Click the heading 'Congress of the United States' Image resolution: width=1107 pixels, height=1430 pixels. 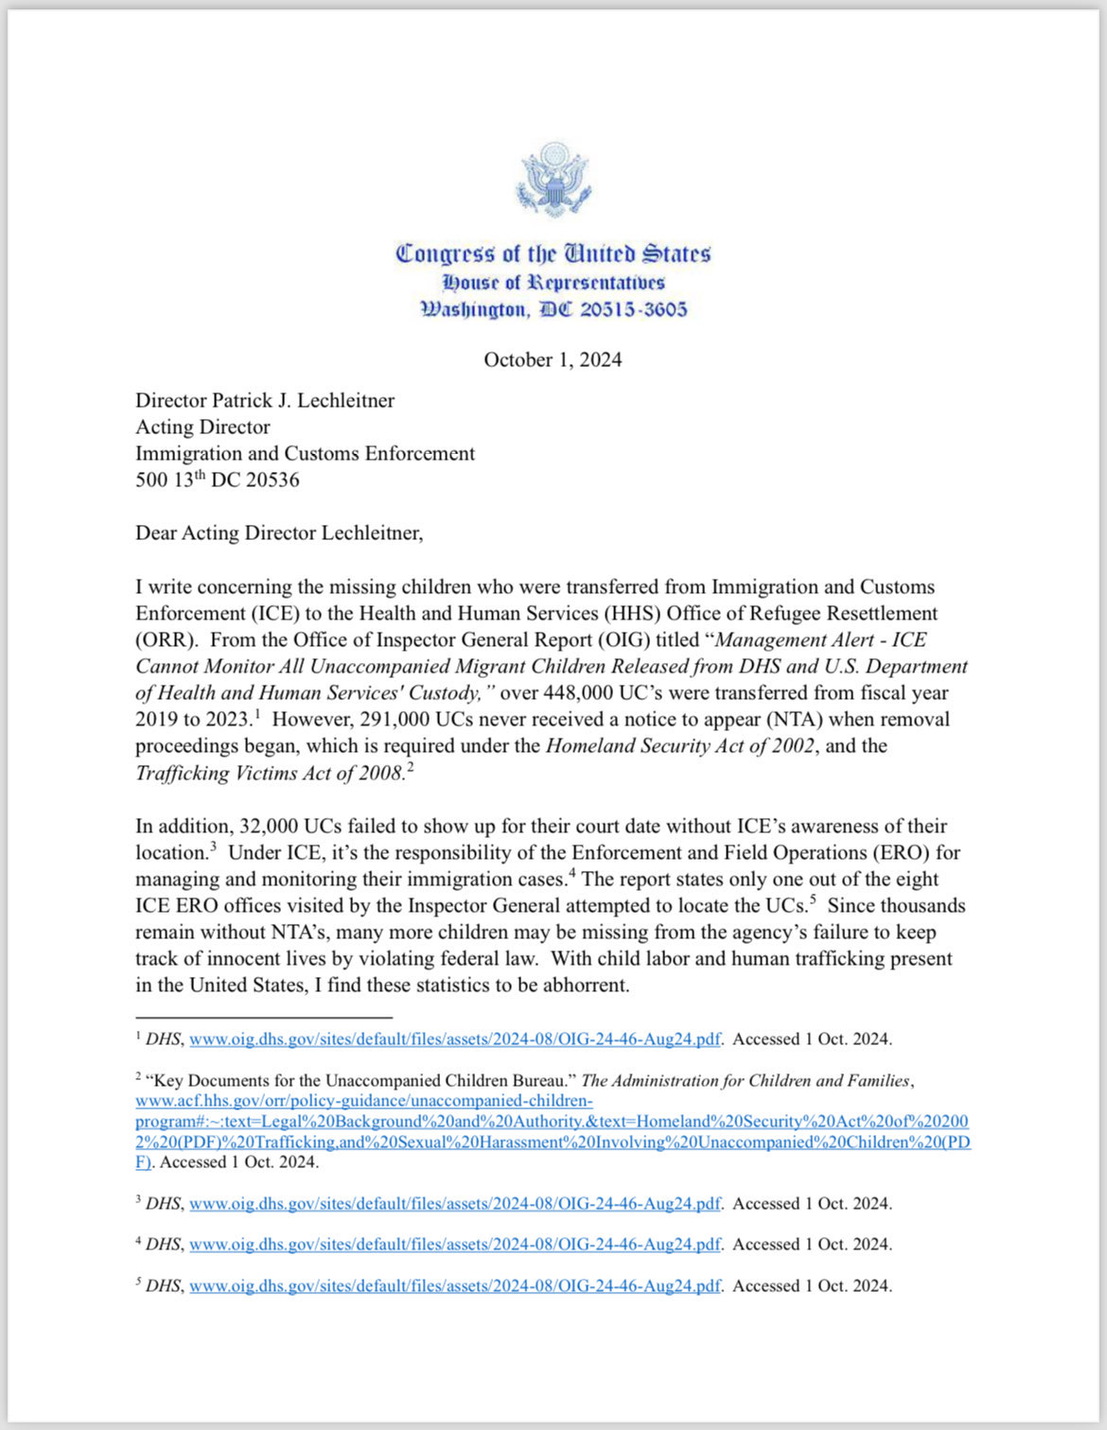click(553, 253)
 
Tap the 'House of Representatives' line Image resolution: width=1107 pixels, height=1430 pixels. click(553, 282)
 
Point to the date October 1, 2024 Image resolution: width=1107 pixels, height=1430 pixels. click(553, 359)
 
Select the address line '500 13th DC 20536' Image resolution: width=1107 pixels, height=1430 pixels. click(217, 480)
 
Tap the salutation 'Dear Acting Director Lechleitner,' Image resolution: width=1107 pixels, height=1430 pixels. click(279, 532)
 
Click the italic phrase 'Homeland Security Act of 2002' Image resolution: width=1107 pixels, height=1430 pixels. click(679, 745)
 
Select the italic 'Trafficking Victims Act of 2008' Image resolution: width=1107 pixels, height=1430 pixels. click(270, 773)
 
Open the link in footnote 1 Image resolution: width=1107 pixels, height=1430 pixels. click(454, 1038)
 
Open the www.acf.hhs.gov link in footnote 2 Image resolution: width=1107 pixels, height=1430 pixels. click(363, 1101)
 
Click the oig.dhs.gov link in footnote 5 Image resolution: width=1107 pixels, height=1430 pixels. click(454, 1285)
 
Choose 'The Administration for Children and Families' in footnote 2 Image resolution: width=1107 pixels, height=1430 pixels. click(746, 1080)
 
